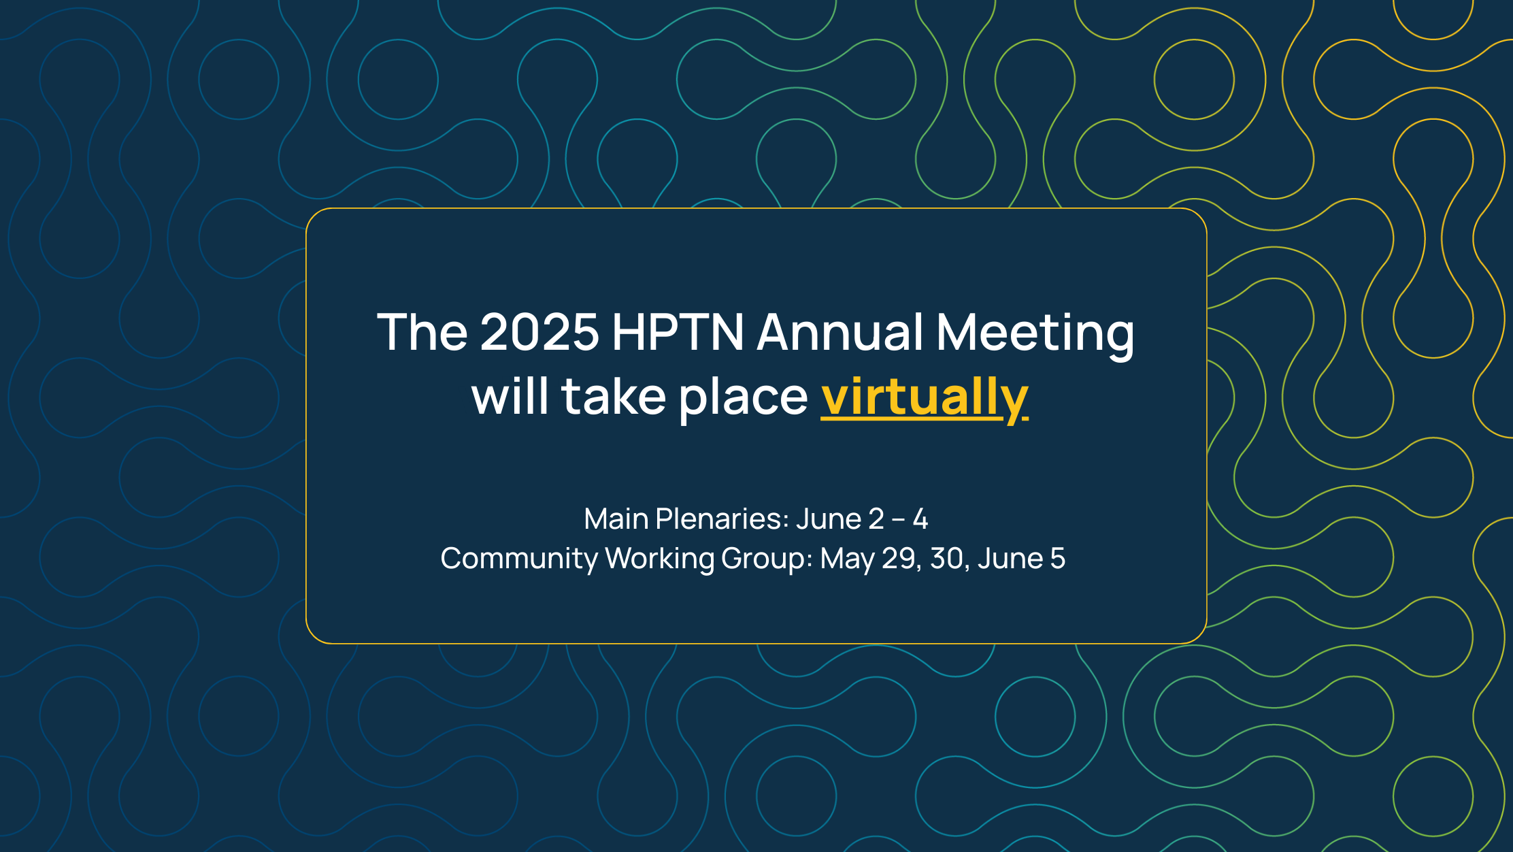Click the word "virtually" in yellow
pos(924,397)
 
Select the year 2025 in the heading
pos(539,332)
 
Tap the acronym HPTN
pos(678,332)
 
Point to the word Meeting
pos(1034,333)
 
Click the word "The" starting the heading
pos(422,332)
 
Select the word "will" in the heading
pos(510,397)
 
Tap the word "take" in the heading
pos(613,397)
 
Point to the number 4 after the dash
pos(920,519)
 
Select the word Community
pos(518,559)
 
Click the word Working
pos(659,559)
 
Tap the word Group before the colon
pos(765,559)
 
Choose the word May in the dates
pos(847,559)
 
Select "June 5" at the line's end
pos(1021,559)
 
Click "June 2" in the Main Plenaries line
pos(839,519)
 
